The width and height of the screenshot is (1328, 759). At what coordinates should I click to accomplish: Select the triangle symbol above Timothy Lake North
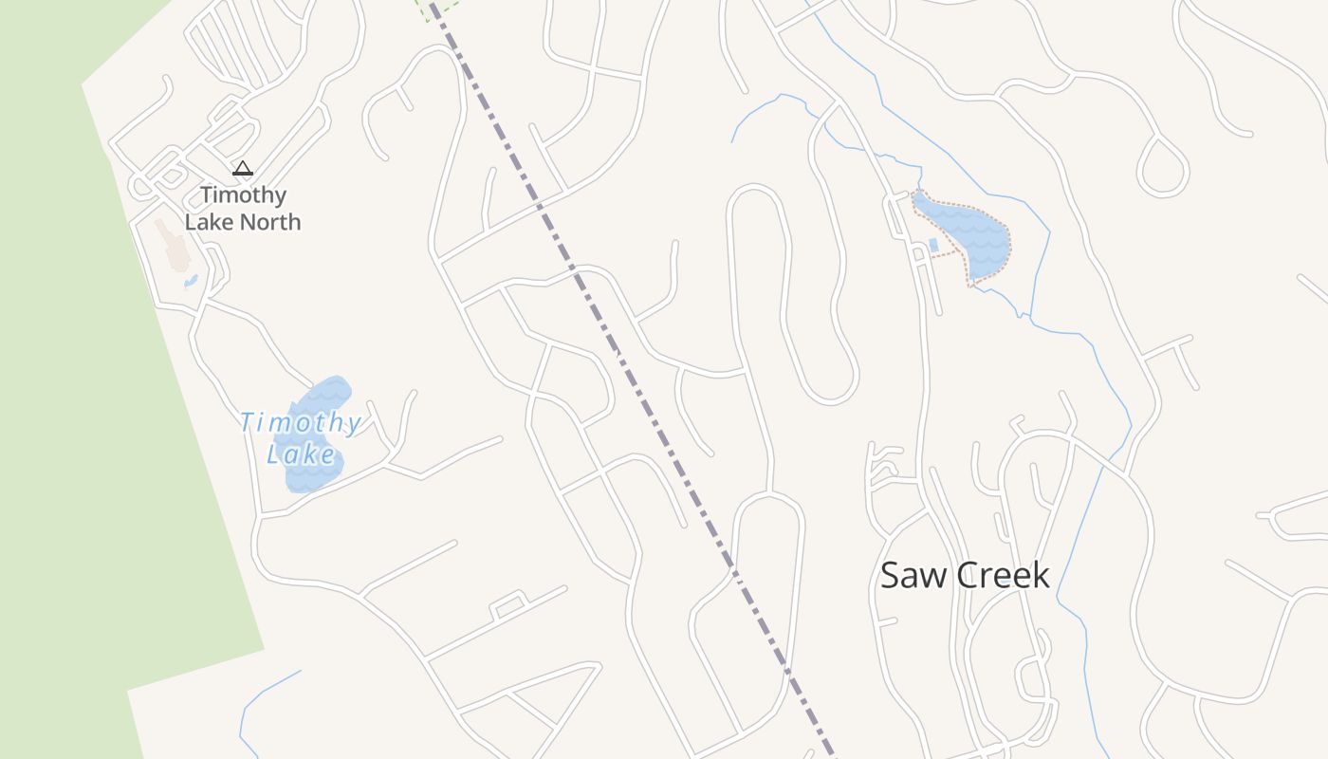243,169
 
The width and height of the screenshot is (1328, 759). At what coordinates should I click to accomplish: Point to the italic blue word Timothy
300,423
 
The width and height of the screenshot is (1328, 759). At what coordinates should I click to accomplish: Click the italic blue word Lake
301,455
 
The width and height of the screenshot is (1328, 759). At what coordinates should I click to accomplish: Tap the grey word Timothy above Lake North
243,195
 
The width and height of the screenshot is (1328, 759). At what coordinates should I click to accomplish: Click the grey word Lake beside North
213,222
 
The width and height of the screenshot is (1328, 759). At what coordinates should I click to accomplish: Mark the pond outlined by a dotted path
968,232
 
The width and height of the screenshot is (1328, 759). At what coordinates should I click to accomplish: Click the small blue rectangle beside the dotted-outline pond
933,245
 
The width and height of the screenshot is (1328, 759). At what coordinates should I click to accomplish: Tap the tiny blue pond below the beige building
191,281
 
